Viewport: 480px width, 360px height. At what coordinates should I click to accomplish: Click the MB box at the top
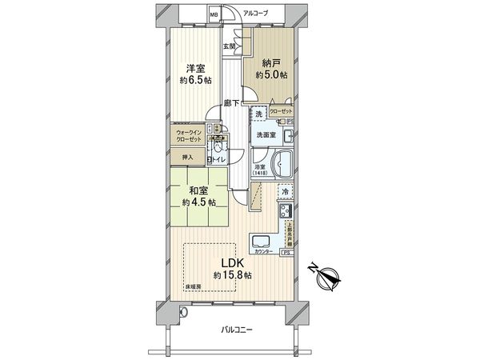point(214,14)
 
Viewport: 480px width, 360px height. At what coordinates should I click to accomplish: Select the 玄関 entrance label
point(230,46)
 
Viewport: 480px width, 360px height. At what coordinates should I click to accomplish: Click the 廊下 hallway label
point(232,102)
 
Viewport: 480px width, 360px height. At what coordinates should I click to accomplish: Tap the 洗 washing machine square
point(258,114)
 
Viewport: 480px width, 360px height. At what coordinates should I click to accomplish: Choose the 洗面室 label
point(266,135)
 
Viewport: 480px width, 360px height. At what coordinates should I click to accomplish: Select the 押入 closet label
point(184,158)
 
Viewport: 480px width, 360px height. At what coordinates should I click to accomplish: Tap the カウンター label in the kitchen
point(265,252)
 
